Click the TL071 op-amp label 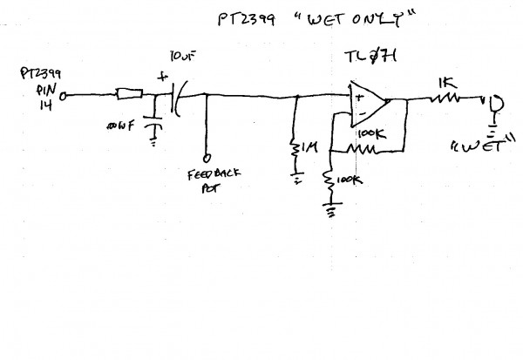point(365,60)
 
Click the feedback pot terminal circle point(206,158)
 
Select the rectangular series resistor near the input point(129,93)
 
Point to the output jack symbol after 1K point(490,104)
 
